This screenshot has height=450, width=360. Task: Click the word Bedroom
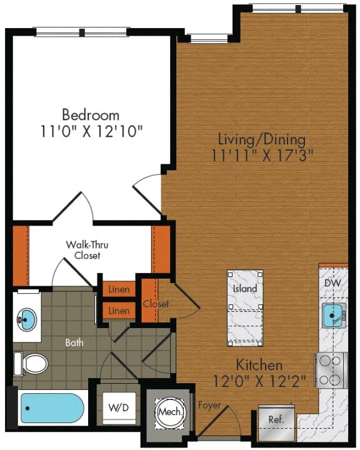coord(91,115)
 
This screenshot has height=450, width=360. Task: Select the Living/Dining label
coord(261,138)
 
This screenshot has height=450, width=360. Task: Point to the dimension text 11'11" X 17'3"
coord(261,154)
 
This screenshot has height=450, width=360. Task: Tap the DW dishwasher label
coord(333,283)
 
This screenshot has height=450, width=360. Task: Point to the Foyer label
coord(209,406)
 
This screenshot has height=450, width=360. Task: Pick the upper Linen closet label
coord(119,290)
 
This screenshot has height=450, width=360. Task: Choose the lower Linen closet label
coord(119,311)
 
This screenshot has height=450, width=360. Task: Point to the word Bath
coord(74,342)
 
